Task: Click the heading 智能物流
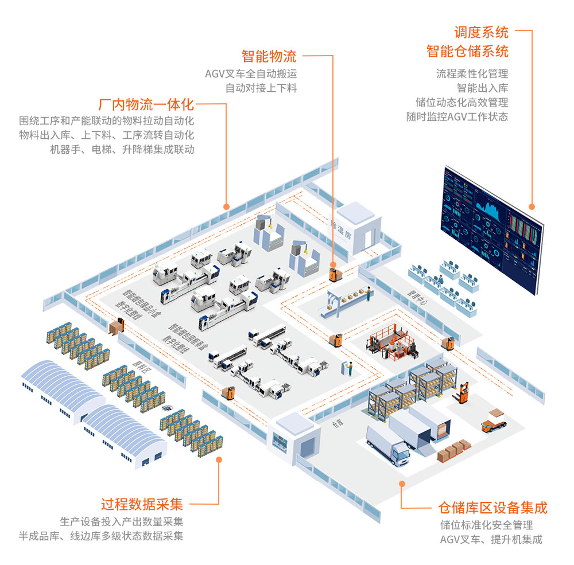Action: pyautogui.click(x=269, y=56)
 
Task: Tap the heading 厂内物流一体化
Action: pyautogui.click(x=146, y=105)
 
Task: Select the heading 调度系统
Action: pyautogui.click(x=481, y=32)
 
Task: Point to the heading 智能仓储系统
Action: pyautogui.click(x=467, y=51)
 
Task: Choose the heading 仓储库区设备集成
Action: pyautogui.click(x=492, y=508)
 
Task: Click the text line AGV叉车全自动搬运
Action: pyautogui.click(x=251, y=73)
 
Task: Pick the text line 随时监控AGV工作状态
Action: pyautogui.click(x=457, y=116)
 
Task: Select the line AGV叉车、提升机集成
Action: pyautogui.click(x=491, y=539)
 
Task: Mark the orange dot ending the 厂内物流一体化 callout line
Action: pyautogui.click(x=226, y=206)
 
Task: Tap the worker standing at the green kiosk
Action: pyautogui.click(x=348, y=368)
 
